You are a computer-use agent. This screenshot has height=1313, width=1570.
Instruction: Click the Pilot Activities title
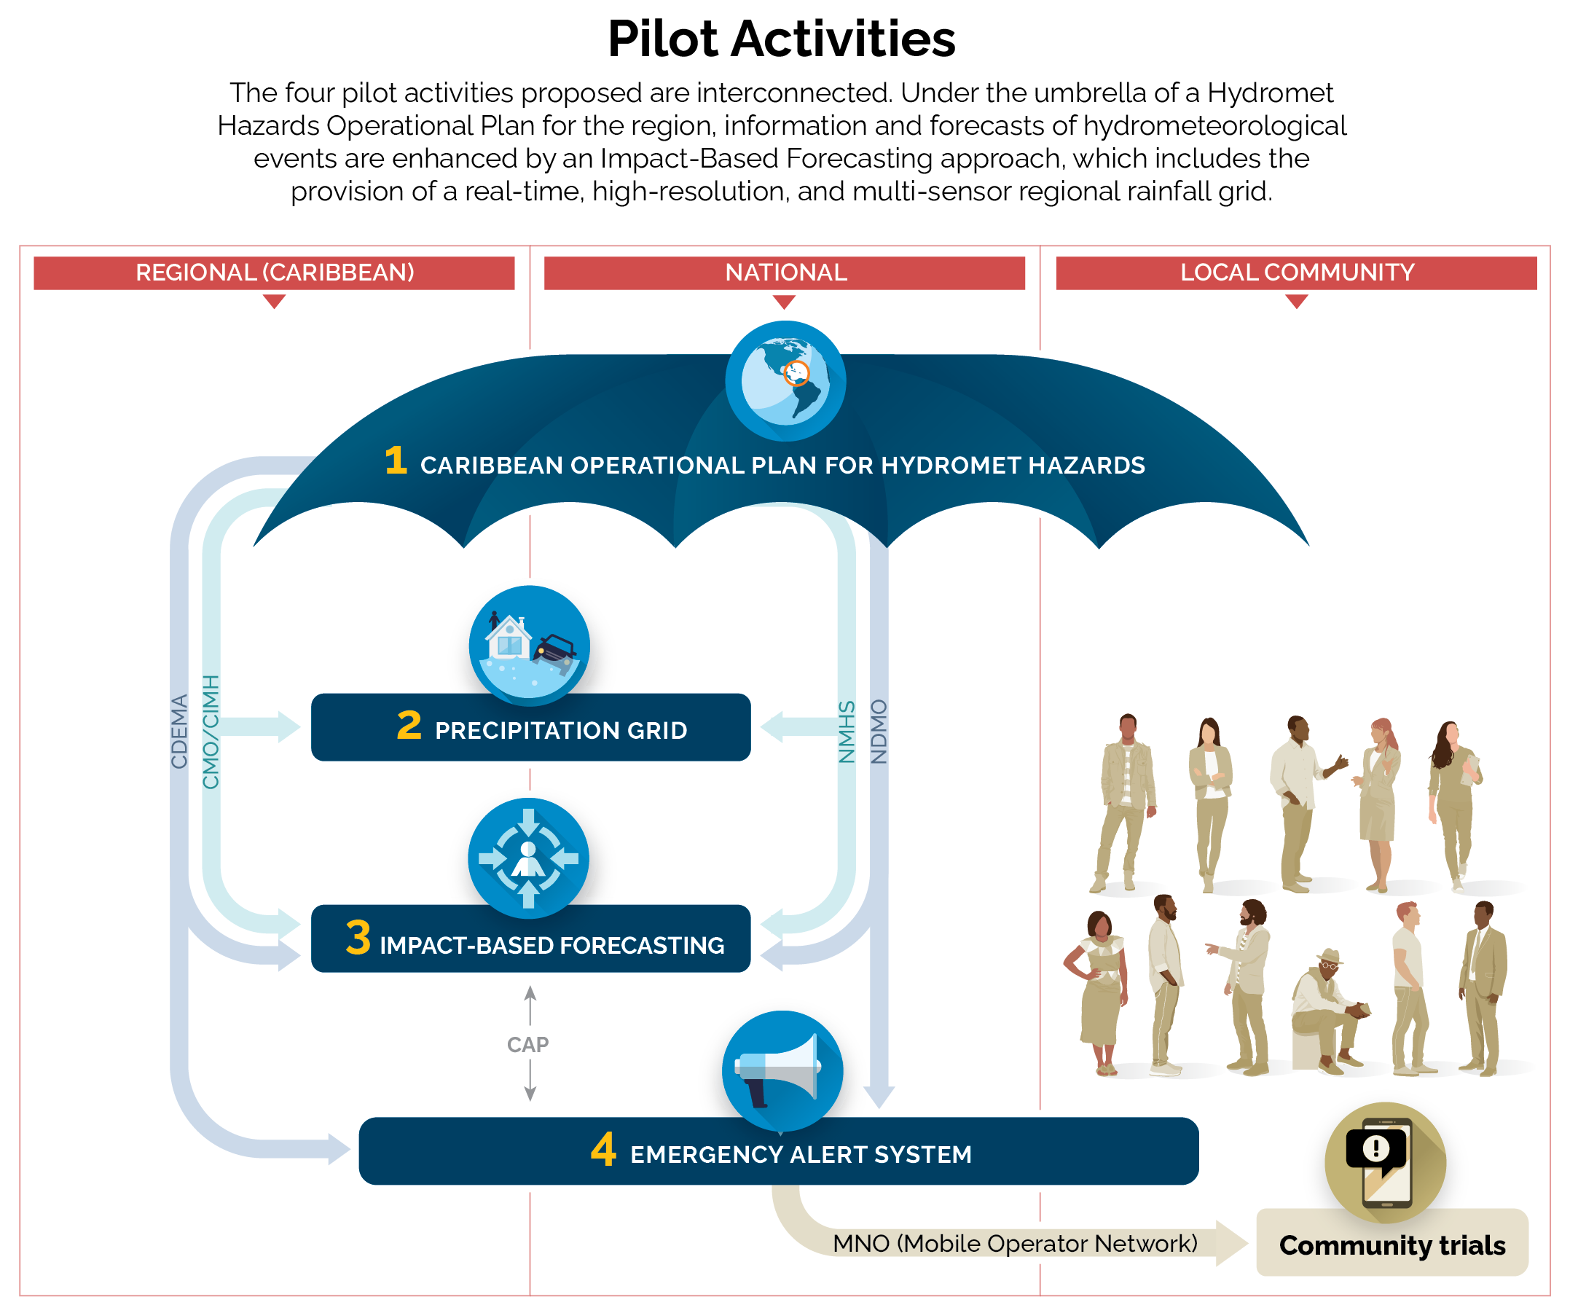781,39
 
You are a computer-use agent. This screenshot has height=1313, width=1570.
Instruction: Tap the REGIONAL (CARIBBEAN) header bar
275,273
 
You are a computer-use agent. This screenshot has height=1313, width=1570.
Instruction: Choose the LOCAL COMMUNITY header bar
1296,273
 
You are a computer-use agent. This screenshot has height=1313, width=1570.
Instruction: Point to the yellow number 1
396,460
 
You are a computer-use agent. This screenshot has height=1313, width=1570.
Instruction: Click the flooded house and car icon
529,646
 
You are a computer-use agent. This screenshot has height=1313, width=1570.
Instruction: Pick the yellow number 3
358,938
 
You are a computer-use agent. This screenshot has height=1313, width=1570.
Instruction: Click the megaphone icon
781,1069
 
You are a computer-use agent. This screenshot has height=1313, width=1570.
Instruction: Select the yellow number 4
603,1150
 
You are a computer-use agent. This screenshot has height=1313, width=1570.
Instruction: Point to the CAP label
527,1045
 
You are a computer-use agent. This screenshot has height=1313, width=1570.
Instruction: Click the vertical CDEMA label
179,732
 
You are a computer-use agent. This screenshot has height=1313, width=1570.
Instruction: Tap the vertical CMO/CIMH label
211,732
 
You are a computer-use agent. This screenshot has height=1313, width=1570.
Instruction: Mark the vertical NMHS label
847,732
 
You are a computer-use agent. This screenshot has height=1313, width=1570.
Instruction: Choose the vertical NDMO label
879,732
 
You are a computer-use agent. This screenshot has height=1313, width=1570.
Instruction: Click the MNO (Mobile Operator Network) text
1015,1244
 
